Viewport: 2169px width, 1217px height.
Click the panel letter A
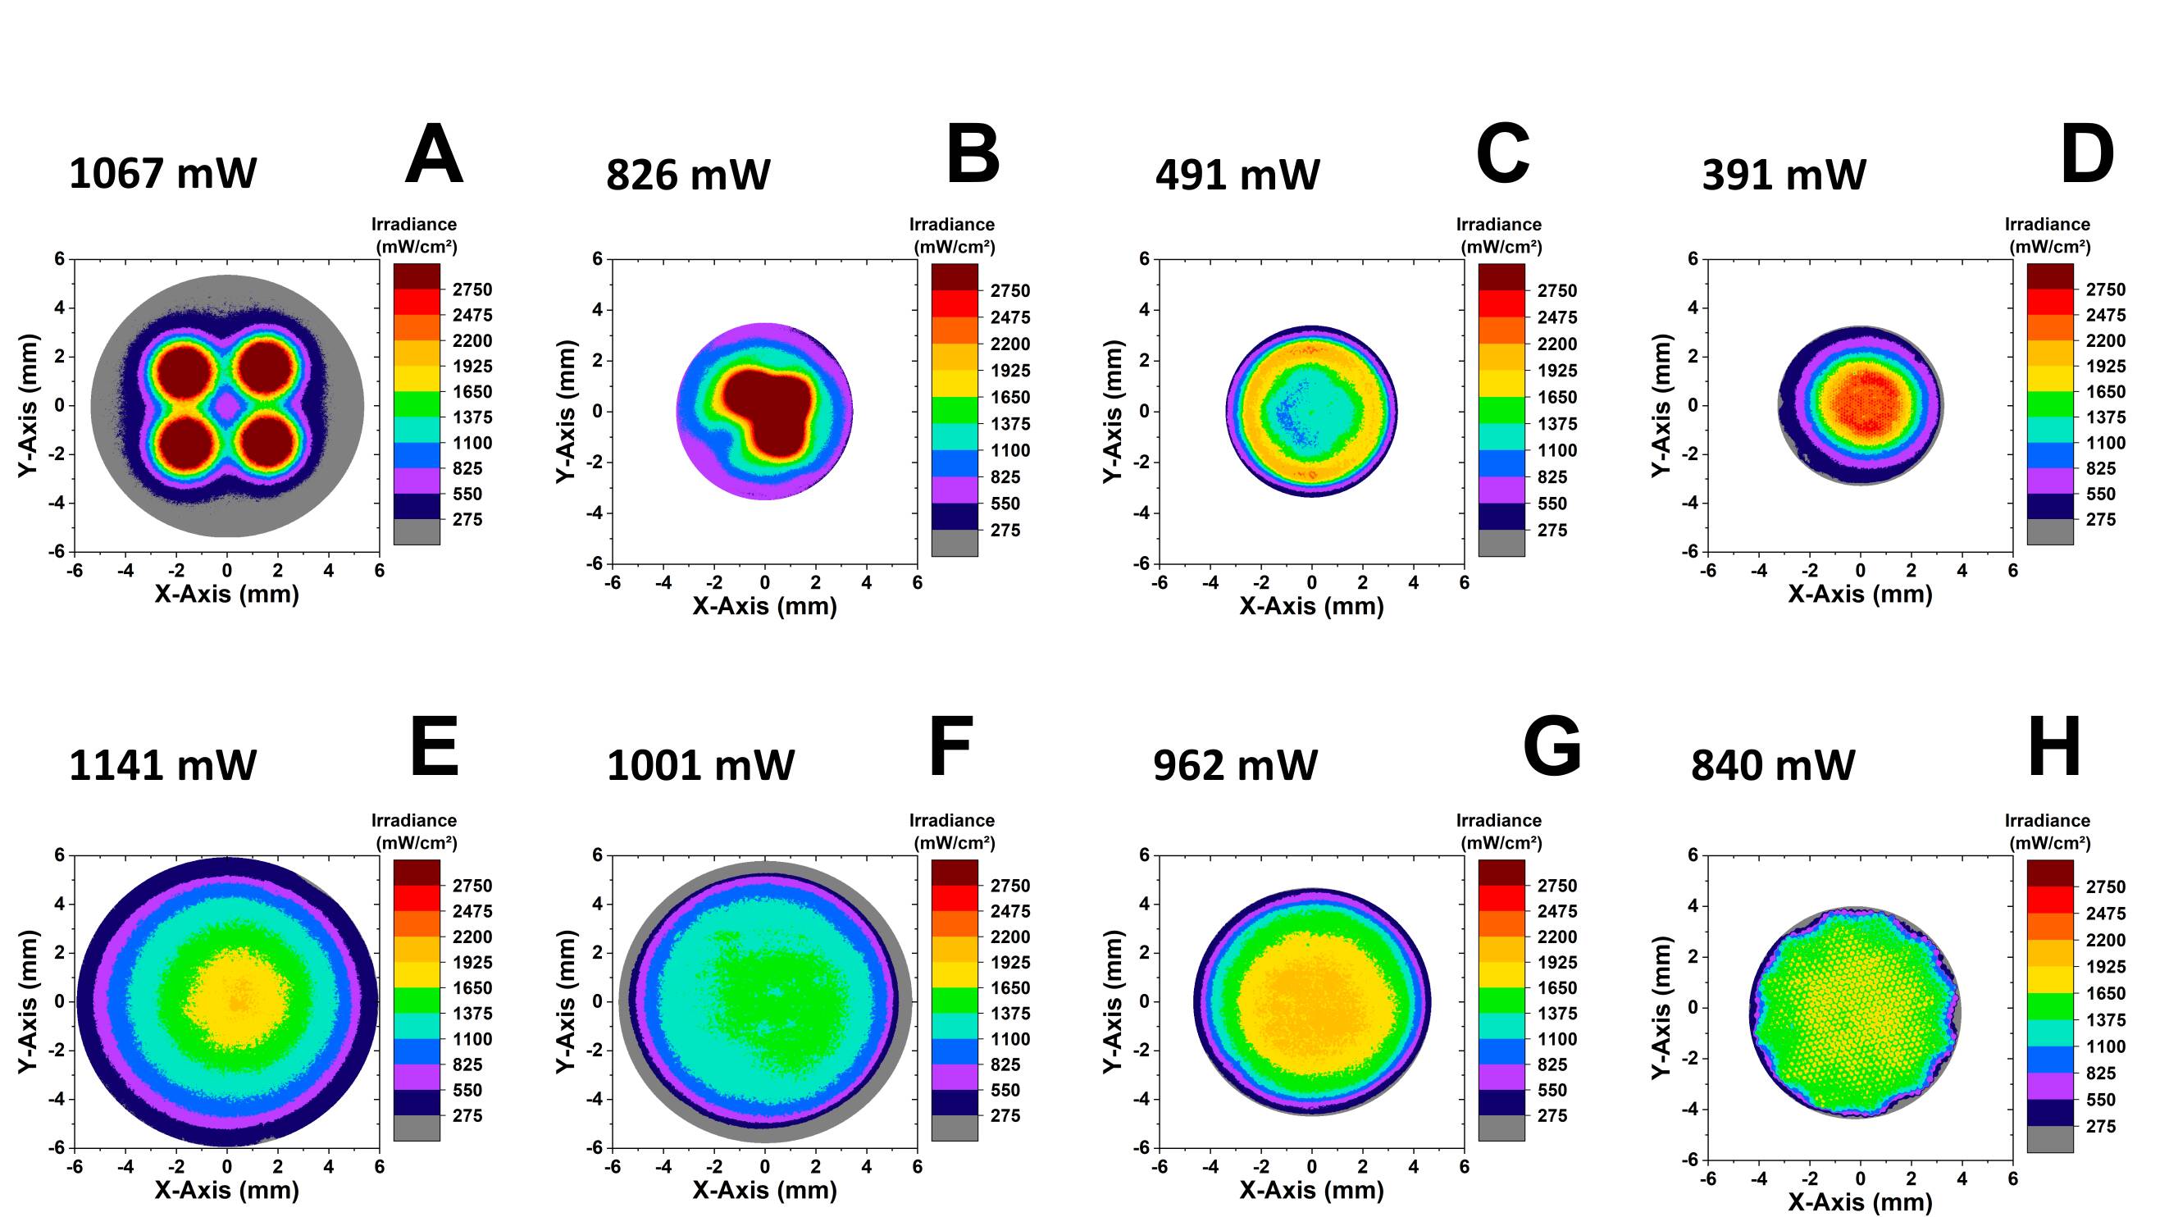pyautogui.click(x=434, y=155)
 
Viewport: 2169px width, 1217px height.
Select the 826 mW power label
pyautogui.click(x=688, y=175)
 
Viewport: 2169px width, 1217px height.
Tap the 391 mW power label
pyautogui.click(x=1784, y=175)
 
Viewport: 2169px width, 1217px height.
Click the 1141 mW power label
pyautogui.click(x=162, y=766)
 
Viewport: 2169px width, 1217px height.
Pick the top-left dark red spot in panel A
pyautogui.click(x=187, y=369)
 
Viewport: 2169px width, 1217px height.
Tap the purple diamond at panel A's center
pyautogui.click(x=226, y=406)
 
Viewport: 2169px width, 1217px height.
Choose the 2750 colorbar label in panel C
pyautogui.click(x=1557, y=290)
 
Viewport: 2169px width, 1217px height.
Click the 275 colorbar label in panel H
pyautogui.click(x=2101, y=1126)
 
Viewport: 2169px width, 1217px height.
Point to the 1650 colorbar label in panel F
pyautogui.click(x=1009, y=988)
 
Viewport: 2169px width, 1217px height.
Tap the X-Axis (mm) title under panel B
pyautogui.click(x=764, y=605)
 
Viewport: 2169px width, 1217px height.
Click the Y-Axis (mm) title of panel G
pyautogui.click(x=1113, y=1001)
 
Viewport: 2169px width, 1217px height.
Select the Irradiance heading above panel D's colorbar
pyautogui.click(x=2047, y=225)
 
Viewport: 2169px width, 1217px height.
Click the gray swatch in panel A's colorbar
pyautogui.click(x=417, y=531)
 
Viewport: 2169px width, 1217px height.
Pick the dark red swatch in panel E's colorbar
pyautogui.click(x=417, y=872)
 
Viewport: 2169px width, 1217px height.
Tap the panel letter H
pyautogui.click(x=2054, y=746)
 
